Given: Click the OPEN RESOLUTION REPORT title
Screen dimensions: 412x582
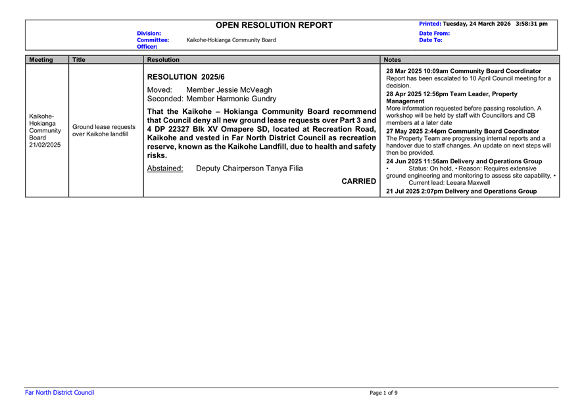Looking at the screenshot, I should (274, 25).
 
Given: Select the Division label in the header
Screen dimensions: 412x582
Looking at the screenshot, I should (149, 33).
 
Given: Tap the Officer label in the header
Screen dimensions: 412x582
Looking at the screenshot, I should (147, 47).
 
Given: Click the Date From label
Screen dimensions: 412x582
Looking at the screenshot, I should (434, 33).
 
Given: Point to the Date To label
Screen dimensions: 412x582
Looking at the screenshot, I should (431, 40).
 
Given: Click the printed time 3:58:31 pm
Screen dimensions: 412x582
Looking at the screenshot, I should (531, 24).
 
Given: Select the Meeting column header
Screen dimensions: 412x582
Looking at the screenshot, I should (41, 60).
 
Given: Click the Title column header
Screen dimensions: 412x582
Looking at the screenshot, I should (79, 60).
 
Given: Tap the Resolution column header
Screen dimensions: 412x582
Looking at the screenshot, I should (163, 60).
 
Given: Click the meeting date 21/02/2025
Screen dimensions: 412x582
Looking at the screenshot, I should (45, 144).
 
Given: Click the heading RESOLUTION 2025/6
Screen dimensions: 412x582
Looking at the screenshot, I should (185, 76).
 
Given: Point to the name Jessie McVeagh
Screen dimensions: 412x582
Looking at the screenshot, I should (229, 90).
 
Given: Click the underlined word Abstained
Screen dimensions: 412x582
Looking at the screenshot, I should (165, 168).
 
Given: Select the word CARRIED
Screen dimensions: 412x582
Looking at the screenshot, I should (359, 181).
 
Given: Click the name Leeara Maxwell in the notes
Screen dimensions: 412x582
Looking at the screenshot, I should (467, 183).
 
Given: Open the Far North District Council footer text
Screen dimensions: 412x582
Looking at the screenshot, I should (59, 393).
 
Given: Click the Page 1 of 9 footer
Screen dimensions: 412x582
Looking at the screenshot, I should (383, 393).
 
